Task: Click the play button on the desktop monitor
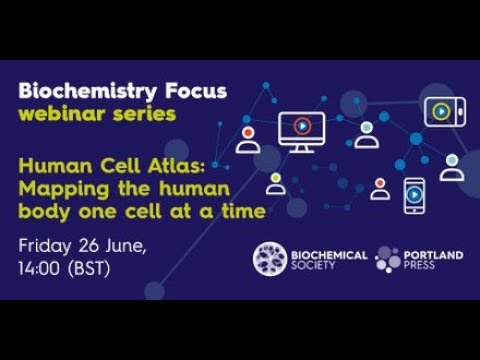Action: pos(302,127)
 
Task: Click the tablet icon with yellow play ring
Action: pos(440,110)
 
